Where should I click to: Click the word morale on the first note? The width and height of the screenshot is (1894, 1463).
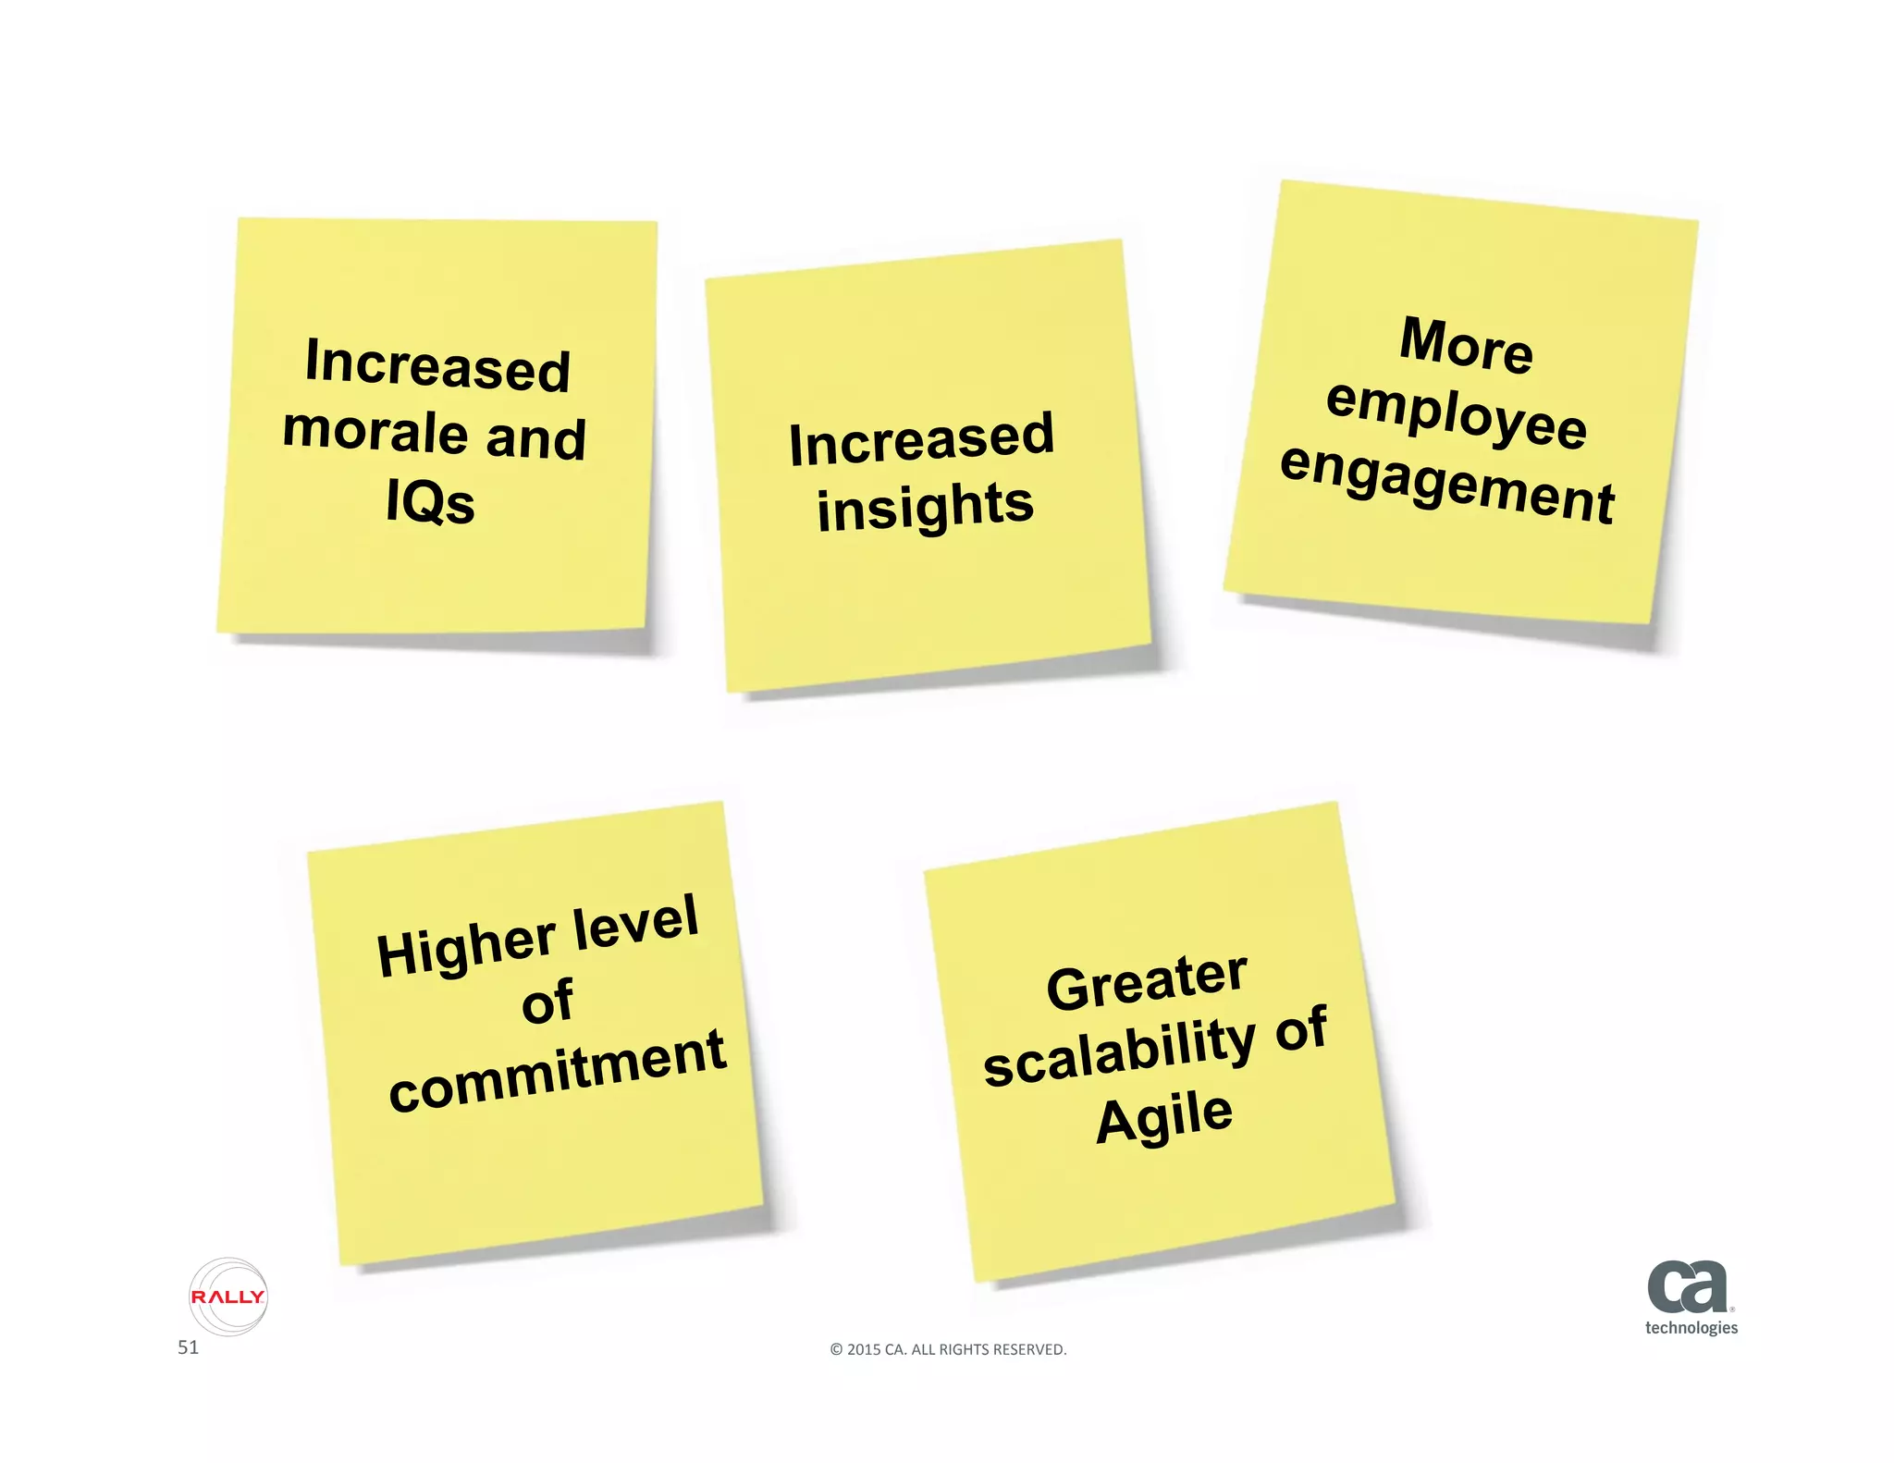tap(375, 430)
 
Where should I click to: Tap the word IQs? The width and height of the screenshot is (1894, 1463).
tap(430, 502)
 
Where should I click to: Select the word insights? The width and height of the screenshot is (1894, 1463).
tap(925, 507)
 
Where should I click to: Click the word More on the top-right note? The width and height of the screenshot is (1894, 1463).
tap(1467, 344)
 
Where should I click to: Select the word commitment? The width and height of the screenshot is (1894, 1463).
tap(558, 1071)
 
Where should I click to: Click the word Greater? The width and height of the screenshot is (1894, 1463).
tap(1147, 982)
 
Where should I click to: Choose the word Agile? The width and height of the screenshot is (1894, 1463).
tap(1164, 1117)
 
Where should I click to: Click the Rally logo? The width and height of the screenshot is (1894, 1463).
tap(228, 1297)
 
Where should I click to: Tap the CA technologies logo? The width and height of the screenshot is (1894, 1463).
tap(1690, 1297)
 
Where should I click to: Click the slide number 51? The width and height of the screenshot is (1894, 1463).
tap(188, 1347)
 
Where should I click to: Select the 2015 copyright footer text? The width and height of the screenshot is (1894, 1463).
tap(948, 1349)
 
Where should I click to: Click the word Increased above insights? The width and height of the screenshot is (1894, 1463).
tap(921, 439)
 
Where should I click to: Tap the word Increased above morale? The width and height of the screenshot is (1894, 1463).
tap(437, 364)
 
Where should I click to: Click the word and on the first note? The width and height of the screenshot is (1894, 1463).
tap(536, 437)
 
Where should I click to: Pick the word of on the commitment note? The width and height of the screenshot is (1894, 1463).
tap(547, 1002)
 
